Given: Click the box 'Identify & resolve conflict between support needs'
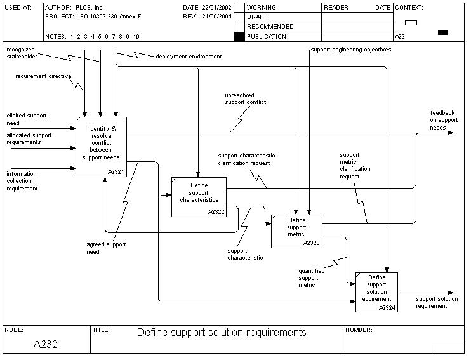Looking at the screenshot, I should pyautogui.click(x=101, y=147).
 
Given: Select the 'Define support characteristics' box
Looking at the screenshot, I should pyautogui.click(x=199, y=197).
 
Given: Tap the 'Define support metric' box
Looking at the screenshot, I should pyautogui.click(x=296, y=231).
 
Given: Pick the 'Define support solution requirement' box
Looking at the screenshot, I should pyautogui.click(x=376, y=292).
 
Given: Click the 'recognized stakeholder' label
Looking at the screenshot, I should pyautogui.click(x=21, y=53).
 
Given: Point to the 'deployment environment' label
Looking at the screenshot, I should pyautogui.click(x=189, y=57).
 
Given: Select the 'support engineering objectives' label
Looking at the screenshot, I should pyautogui.click(x=350, y=50).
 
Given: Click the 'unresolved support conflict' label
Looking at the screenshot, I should pyautogui.click(x=245, y=98).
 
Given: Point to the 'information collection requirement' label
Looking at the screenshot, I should pyautogui.click(x=22, y=181).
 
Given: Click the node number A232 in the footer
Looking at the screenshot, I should pyautogui.click(x=46, y=344).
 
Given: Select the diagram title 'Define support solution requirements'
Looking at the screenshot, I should pyautogui.click(x=222, y=332).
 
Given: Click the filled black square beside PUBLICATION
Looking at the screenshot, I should pyautogui.click(x=239, y=37).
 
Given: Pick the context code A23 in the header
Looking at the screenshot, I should pyautogui.click(x=400, y=37).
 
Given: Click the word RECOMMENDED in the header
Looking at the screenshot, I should pyautogui.click(x=270, y=27).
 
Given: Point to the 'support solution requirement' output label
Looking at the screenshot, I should pyautogui.click(x=437, y=302).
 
